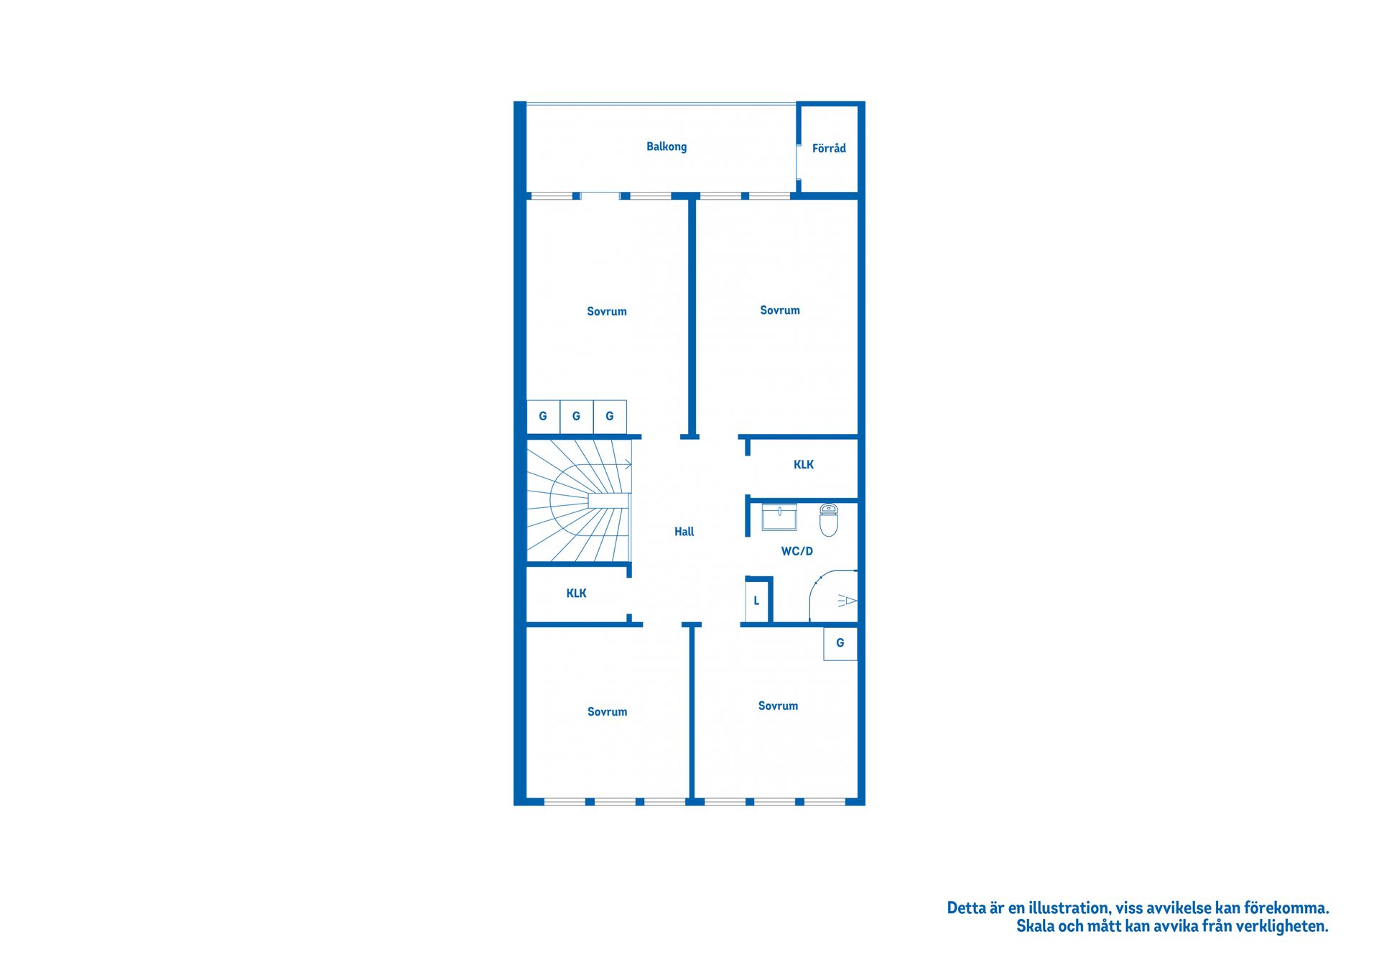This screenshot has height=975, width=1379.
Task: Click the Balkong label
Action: click(667, 147)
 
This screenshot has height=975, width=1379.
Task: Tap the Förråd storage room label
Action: click(829, 148)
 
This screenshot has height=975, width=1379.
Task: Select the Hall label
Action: click(684, 532)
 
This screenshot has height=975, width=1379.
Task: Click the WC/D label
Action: click(797, 551)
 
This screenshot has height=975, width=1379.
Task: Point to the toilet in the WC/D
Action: click(829, 520)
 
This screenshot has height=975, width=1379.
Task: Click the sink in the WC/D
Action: click(779, 517)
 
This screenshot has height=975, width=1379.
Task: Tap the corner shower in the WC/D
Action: click(834, 596)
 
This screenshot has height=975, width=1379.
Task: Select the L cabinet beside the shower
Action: click(756, 601)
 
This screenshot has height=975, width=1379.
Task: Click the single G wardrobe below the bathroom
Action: click(840, 644)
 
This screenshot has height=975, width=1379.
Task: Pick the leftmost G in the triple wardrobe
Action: click(543, 417)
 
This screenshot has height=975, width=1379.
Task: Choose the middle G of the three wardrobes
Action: click(576, 417)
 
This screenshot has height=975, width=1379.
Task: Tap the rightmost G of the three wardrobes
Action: click(610, 417)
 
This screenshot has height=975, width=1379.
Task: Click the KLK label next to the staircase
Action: click(576, 593)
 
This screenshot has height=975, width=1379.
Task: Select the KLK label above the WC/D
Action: click(804, 465)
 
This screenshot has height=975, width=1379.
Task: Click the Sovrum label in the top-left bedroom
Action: click(607, 312)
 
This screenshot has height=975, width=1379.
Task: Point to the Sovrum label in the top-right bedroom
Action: click(780, 310)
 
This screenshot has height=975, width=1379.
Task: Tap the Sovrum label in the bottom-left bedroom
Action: click(608, 712)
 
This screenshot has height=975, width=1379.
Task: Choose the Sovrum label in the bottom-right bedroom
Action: click(778, 706)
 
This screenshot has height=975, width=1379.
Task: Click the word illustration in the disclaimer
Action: click(1069, 908)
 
